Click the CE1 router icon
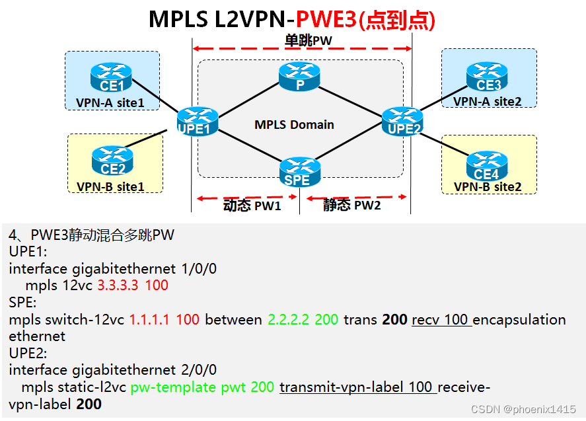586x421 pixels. click(x=112, y=77)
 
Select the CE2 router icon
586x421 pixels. click(x=112, y=160)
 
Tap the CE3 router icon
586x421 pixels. click(x=488, y=76)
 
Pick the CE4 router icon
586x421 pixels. click(x=487, y=165)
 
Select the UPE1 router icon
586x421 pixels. click(x=197, y=122)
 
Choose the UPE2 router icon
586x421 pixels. click(x=402, y=121)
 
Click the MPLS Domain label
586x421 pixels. click(x=294, y=124)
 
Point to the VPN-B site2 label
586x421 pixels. click(x=488, y=187)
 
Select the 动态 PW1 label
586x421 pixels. click(x=252, y=206)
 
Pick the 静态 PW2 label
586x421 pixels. click(x=351, y=206)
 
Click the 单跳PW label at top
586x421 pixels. click(x=308, y=41)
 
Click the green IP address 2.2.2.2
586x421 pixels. click(x=289, y=320)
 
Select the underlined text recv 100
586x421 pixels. click(x=440, y=320)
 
